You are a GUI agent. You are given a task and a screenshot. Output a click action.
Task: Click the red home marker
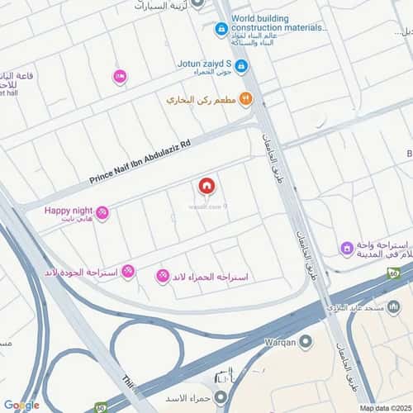coord(206,186)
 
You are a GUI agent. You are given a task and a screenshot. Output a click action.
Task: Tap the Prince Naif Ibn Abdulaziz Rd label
coord(140,162)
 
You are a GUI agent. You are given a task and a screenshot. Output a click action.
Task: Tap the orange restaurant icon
coord(244,99)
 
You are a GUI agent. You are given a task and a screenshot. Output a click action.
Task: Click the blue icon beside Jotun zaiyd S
coord(241,65)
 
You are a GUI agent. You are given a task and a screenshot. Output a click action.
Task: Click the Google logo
coord(21,405)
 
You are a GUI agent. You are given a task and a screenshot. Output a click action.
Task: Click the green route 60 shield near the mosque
coord(394,273)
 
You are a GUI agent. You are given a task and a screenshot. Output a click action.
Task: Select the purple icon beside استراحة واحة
coord(348,248)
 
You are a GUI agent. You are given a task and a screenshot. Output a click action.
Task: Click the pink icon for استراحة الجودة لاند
coord(128,272)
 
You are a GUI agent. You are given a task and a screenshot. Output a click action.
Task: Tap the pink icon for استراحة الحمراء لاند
coord(163,275)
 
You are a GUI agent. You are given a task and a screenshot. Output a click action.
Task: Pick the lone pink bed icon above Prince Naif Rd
coord(120,77)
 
